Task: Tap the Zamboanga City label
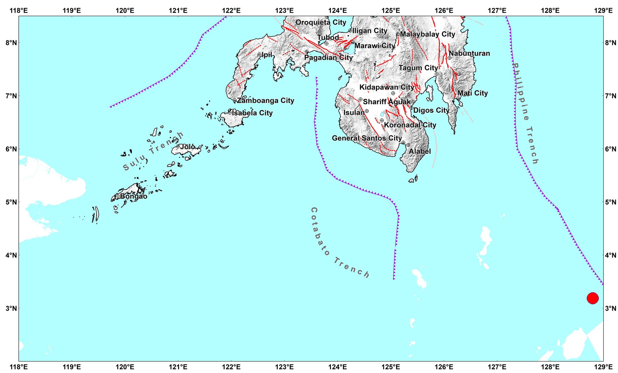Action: [x=265, y=101]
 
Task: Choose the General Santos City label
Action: [x=367, y=138]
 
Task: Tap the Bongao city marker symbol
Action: [x=118, y=196]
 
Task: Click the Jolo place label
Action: [x=187, y=147]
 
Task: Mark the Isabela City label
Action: [x=252, y=113]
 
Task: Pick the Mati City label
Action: [x=472, y=93]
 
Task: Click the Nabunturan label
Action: [x=469, y=53]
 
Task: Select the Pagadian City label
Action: [x=329, y=58]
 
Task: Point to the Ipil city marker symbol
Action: [x=259, y=54]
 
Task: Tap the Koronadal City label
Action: [x=410, y=125]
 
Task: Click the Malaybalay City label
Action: [x=427, y=34]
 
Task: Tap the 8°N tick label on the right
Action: [x=611, y=43]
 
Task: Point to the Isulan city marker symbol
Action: [x=367, y=111]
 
